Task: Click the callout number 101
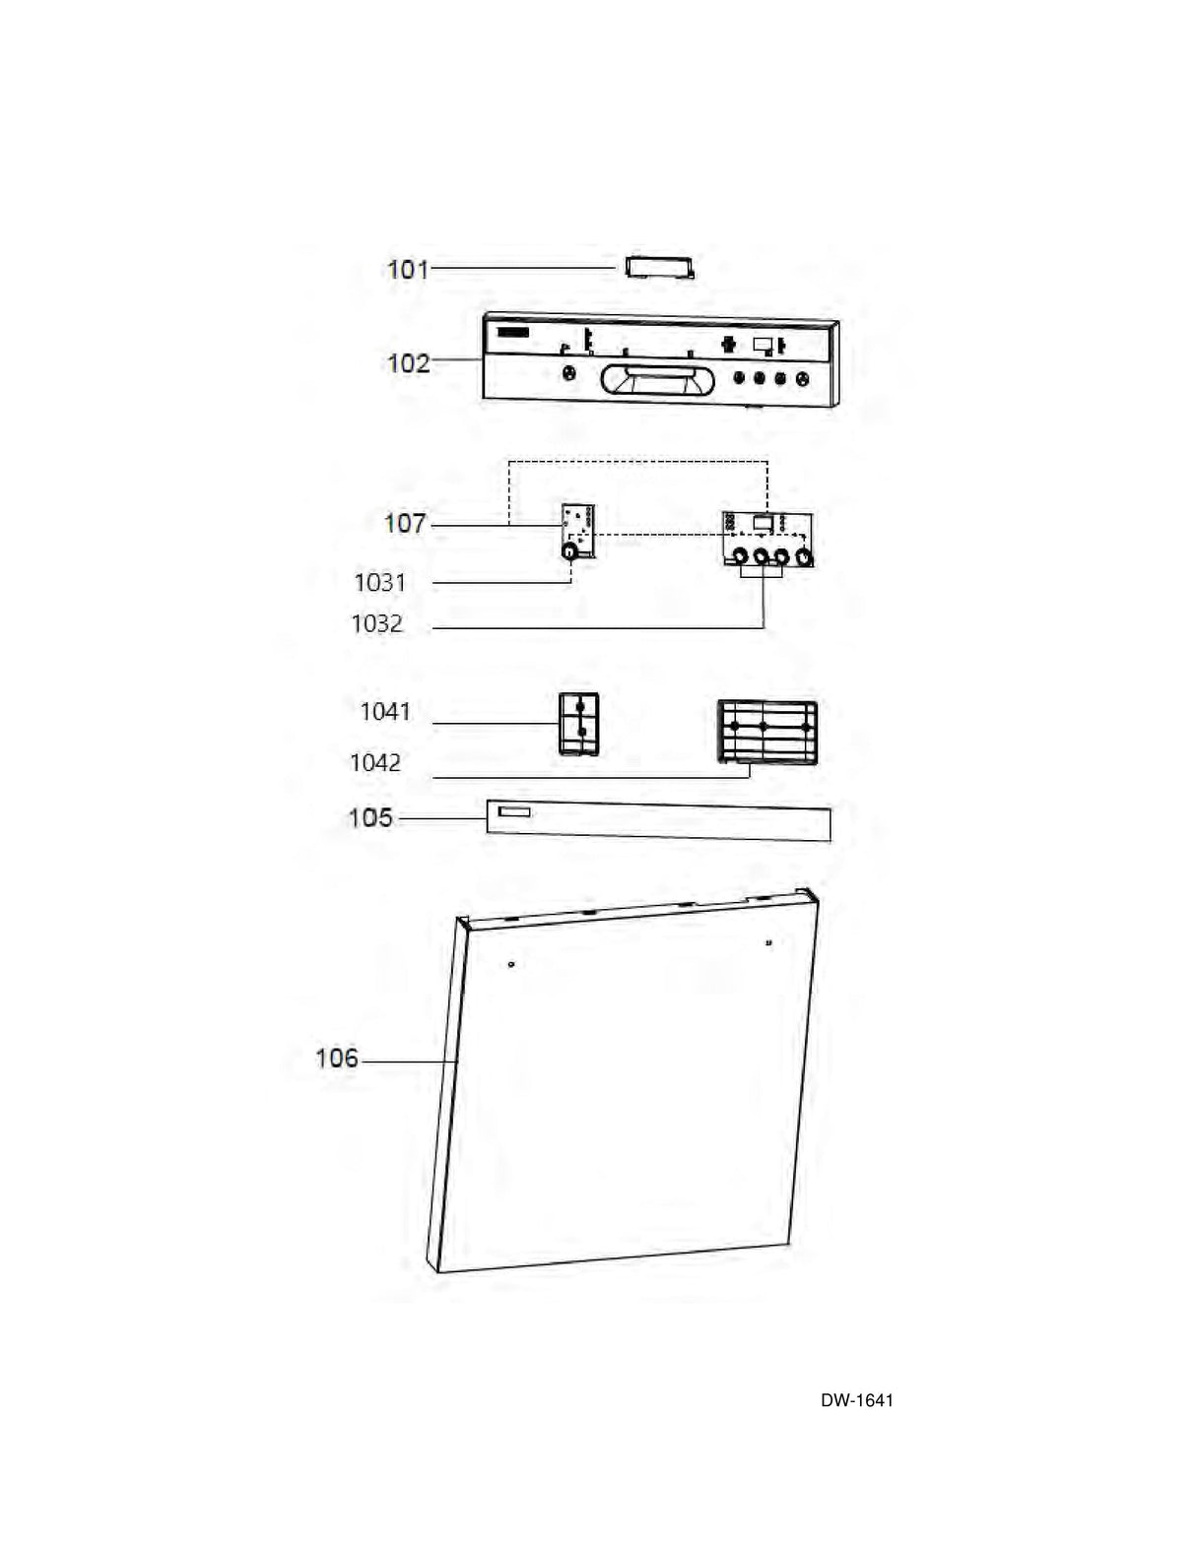(x=408, y=268)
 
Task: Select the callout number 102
(x=408, y=362)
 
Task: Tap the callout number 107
(x=405, y=523)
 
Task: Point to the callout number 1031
(x=380, y=582)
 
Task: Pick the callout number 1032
(x=377, y=623)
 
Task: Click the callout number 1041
(x=385, y=711)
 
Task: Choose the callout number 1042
(x=375, y=762)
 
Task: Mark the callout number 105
(x=370, y=817)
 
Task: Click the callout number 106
(x=337, y=1059)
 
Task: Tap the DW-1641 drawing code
(x=857, y=1400)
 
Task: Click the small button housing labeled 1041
(x=578, y=723)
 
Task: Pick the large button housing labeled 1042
(x=767, y=731)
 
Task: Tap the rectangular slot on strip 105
(x=513, y=812)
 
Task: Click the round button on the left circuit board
(x=569, y=552)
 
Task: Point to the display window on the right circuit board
(x=762, y=523)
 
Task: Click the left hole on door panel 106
(x=510, y=964)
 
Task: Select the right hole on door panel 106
(x=768, y=943)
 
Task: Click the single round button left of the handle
(x=567, y=373)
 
